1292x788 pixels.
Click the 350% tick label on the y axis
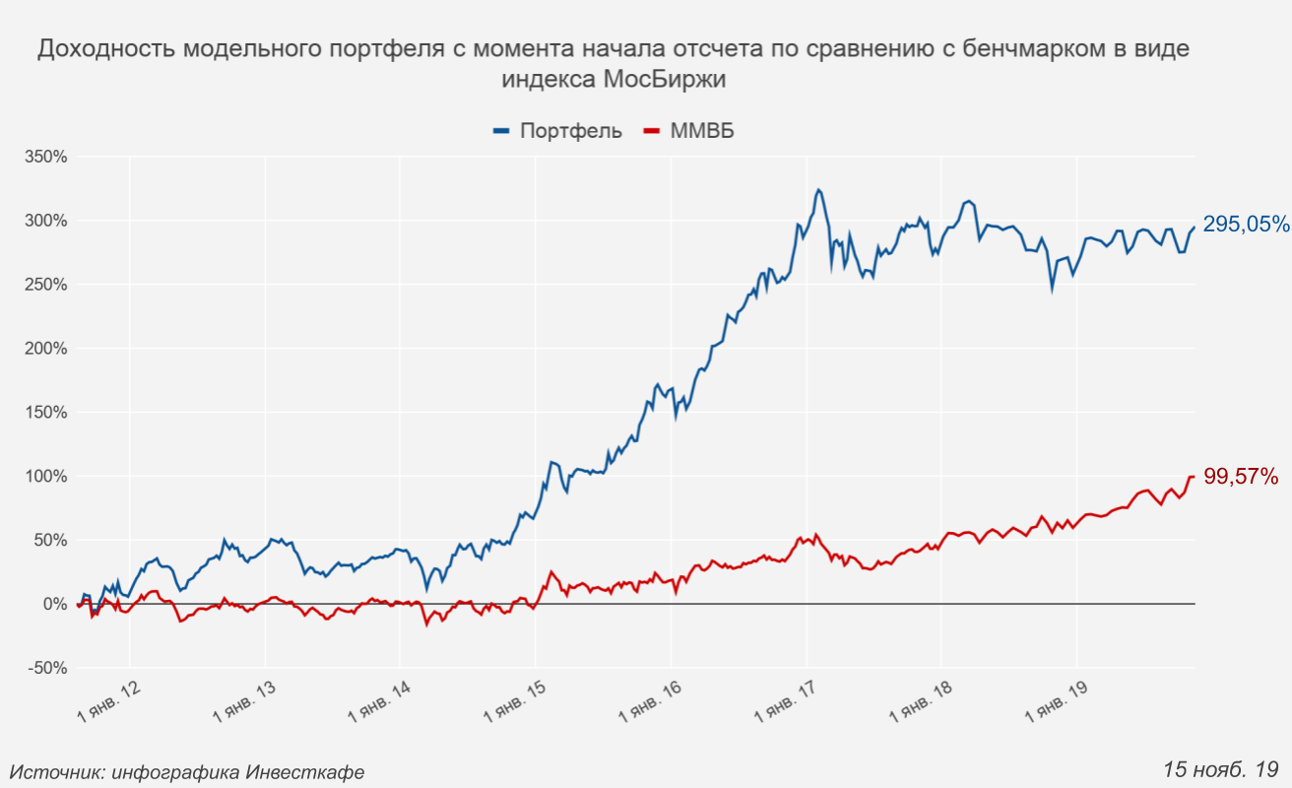point(45,157)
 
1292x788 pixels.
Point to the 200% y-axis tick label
point(45,349)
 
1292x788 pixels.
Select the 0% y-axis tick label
point(53,604)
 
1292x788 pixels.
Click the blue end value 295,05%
point(1246,225)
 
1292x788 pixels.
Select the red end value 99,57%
point(1241,478)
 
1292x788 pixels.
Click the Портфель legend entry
point(571,131)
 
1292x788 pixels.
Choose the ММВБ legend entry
point(702,131)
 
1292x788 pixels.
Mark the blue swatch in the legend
point(501,131)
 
